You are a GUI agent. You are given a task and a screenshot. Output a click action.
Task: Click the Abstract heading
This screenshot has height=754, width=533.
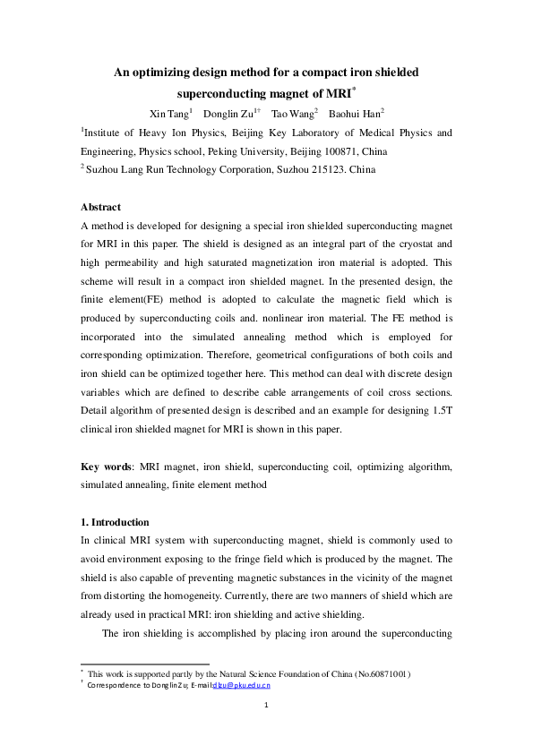(100, 207)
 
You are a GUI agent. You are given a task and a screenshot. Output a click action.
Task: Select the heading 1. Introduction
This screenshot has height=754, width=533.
(115, 522)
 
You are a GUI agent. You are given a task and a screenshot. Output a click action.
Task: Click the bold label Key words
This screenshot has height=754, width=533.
(106, 467)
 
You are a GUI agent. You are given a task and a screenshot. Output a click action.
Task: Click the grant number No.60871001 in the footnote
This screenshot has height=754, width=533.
(379, 673)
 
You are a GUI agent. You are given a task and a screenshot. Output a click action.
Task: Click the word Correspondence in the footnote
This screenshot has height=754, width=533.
(116, 685)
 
